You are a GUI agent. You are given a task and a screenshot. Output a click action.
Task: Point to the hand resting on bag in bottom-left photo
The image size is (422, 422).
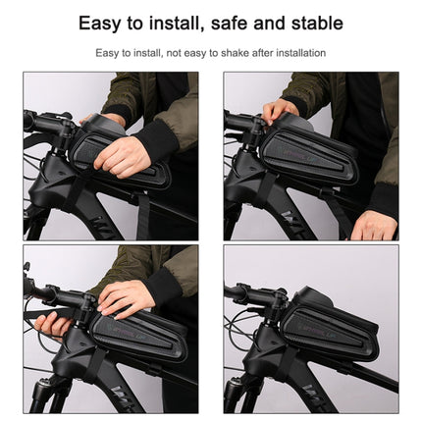[x=128, y=294]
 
